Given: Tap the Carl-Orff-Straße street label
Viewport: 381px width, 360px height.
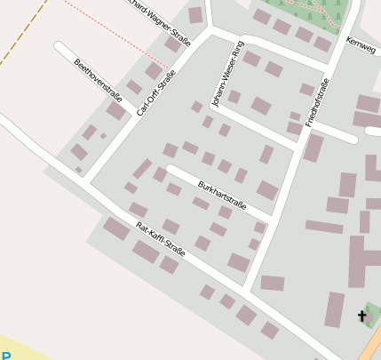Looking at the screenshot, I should (156, 93).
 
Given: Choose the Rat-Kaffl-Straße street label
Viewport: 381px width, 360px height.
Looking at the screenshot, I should (161, 240).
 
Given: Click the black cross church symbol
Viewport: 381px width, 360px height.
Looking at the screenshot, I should (362, 316).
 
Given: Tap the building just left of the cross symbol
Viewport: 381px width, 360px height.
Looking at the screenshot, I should (335, 309).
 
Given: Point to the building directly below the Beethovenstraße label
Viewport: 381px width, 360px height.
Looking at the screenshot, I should (116, 111).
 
